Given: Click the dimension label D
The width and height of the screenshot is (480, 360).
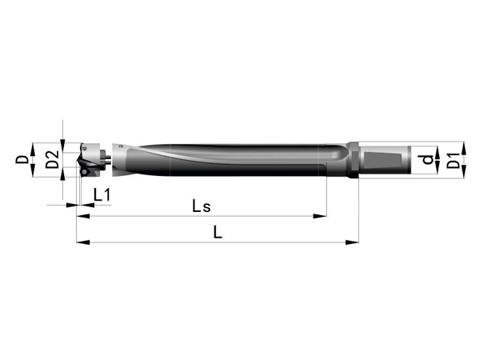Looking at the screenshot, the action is pyautogui.click(x=22, y=159).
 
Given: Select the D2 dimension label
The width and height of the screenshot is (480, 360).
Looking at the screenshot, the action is pyautogui.click(x=52, y=159).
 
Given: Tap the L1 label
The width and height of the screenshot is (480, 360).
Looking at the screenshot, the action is pyautogui.click(x=102, y=194).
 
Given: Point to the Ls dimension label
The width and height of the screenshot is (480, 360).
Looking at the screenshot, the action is pyautogui.click(x=202, y=206).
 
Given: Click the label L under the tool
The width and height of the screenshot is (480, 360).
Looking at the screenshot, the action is pyautogui.click(x=218, y=232).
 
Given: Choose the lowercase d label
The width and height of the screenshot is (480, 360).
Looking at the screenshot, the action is pyautogui.click(x=426, y=159).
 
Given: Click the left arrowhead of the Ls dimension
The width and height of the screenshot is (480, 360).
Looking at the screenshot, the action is pyautogui.click(x=83, y=216).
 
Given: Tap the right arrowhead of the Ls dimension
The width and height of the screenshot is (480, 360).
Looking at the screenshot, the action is pyautogui.click(x=320, y=216).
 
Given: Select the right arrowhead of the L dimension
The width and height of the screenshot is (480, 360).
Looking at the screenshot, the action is pyautogui.click(x=352, y=242).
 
